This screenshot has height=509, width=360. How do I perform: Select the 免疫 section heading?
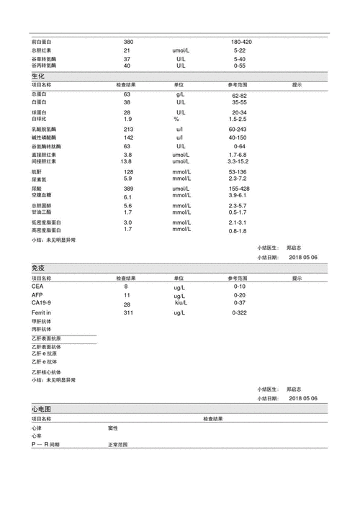[38, 268]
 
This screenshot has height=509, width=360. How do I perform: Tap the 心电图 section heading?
[41, 409]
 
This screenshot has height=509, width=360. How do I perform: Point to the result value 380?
[128, 42]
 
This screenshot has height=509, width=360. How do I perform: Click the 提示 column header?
[297, 85]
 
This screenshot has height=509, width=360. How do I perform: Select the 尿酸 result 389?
[129, 189]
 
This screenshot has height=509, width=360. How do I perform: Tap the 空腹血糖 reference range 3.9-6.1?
[240, 196]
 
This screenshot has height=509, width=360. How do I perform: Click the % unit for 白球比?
[176, 119]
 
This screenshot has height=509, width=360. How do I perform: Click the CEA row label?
[37, 287]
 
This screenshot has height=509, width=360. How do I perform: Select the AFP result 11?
[127, 295]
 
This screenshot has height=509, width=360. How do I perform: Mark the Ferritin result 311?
[128, 313]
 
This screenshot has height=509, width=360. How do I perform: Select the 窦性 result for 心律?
[113, 428]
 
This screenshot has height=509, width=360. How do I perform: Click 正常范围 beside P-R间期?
[117, 445]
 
